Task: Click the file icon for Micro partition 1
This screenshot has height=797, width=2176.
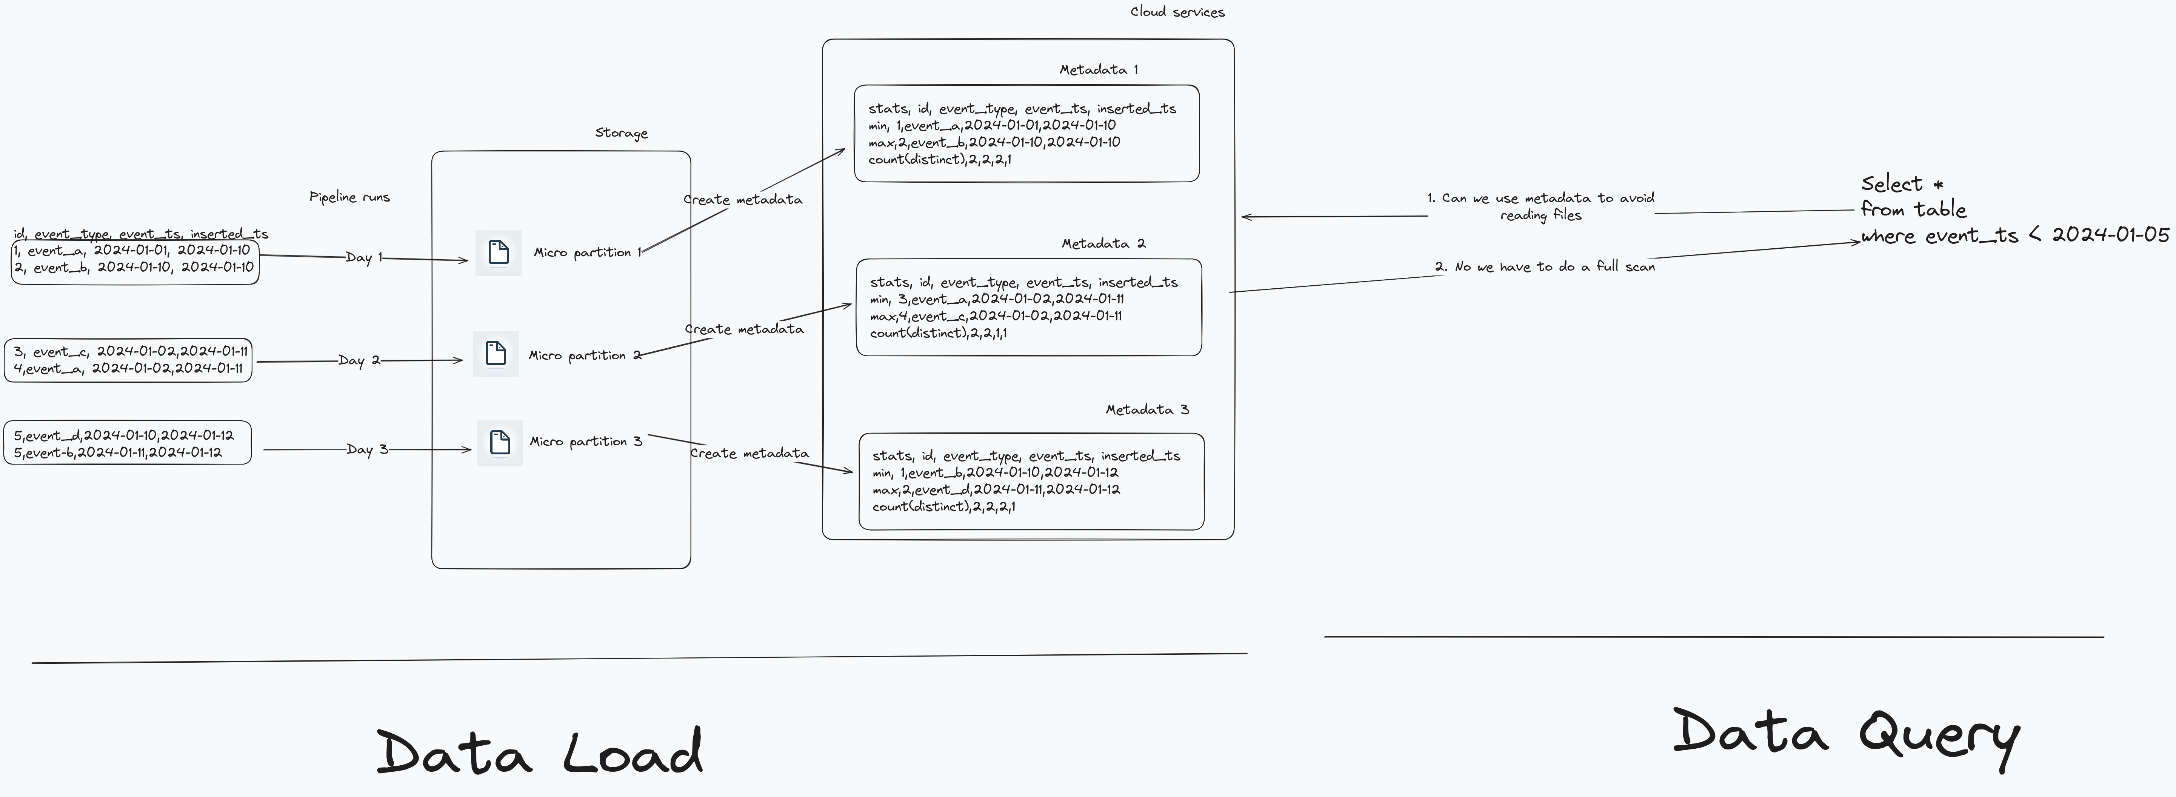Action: [x=499, y=252]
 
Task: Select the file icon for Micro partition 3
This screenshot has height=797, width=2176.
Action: [x=500, y=442]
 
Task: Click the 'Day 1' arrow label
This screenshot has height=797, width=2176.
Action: [x=364, y=257]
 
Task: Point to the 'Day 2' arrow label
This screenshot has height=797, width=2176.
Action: [x=359, y=360]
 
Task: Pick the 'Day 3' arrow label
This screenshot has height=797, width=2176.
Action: [x=366, y=449]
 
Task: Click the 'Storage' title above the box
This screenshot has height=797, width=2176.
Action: [x=621, y=132]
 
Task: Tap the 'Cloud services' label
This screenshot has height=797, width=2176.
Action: [x=1177, y=12]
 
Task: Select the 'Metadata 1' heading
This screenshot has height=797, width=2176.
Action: [x=1098, y=69]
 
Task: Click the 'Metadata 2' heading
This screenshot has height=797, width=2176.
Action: [x=1103, y=243]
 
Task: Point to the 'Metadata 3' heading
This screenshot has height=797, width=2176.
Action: [x=1147, y=409]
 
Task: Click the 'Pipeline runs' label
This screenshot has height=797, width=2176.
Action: [x=350, y=197]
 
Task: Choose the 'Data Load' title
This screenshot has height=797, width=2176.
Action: [x=539, y=751]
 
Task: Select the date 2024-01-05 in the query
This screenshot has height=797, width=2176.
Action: [x=2110, y=235]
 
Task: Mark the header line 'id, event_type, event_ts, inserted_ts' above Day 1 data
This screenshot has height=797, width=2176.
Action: [x=141, y=234]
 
